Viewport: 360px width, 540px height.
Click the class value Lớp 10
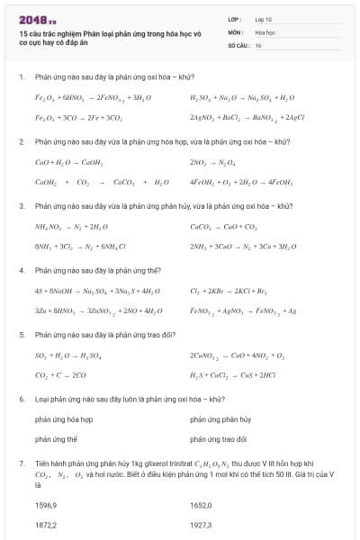click(x=263, y=19)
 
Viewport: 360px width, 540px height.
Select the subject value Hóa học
click(x=265, y=31)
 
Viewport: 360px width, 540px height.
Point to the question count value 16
click(x=258, y=44)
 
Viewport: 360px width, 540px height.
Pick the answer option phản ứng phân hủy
click(x=220, y=419)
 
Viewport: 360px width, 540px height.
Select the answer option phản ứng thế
click(x=56, y=439)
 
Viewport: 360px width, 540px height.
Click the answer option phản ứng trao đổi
click(x=220, y=439)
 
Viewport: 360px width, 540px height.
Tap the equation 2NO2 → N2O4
click(x=211, y=162)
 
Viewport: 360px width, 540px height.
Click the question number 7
click(x=22, y=462)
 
